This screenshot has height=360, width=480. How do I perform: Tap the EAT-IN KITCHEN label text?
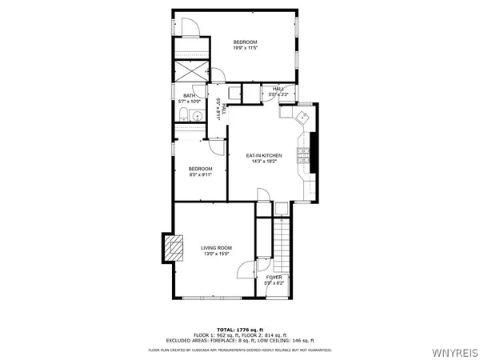click(263, 155)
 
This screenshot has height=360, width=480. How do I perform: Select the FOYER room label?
click(274, 277)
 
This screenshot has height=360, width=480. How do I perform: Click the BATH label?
click(189, 96)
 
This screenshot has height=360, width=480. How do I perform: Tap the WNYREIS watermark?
click(455, 350)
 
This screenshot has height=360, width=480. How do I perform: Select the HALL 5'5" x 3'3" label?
click(278, 91)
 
